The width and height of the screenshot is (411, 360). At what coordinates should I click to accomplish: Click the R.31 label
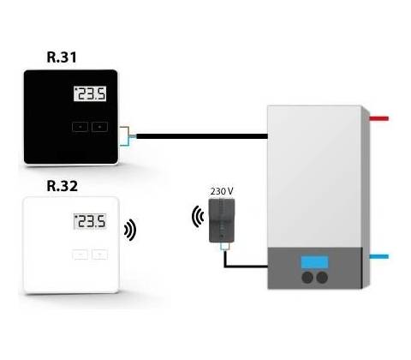[x=62, y=57]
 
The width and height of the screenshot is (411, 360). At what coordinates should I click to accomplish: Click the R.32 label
[x=62, y=186]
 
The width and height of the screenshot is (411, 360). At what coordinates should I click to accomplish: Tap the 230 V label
[x=222, y=191]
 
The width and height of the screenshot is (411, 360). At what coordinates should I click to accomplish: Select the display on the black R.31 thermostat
[x=90, y=93]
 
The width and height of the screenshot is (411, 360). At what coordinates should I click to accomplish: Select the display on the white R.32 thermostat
[x=90, y=221]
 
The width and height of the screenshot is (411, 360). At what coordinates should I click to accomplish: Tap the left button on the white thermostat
[x=80, y=255]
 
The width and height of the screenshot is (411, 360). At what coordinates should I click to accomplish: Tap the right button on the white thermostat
[x=100, y=255]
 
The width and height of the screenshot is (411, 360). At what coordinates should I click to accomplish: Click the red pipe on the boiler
[x=379, y=118]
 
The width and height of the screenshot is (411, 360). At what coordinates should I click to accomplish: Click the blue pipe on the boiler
[x=379, y=256]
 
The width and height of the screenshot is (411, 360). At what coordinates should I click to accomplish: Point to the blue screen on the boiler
[x=314, y=262]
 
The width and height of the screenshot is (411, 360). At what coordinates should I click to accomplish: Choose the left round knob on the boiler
[x=307, y=278]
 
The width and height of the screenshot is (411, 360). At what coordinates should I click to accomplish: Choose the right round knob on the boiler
[x=322, y=278]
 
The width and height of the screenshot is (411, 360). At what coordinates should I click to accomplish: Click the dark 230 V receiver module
[x=222, y=221]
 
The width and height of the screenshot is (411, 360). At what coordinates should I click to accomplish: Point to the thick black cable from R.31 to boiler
[x=202, y=136]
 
